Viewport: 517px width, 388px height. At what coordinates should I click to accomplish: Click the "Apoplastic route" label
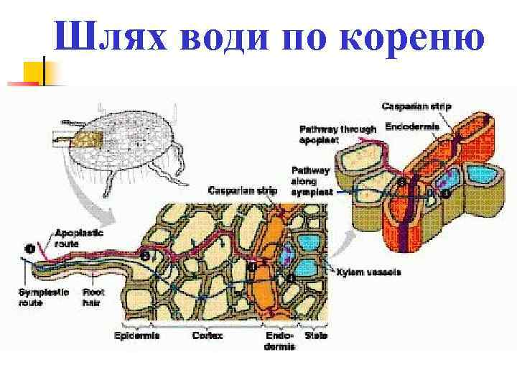click(x=80, y=238)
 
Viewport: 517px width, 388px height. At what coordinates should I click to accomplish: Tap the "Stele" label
click(x=316, y=336)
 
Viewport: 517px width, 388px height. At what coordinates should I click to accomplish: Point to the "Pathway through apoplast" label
click(x=337, y=134)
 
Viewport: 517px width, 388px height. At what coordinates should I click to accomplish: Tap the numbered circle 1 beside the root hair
click(x=29, y=249)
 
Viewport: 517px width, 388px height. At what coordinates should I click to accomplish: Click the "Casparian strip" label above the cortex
click(x=240, y=190)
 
